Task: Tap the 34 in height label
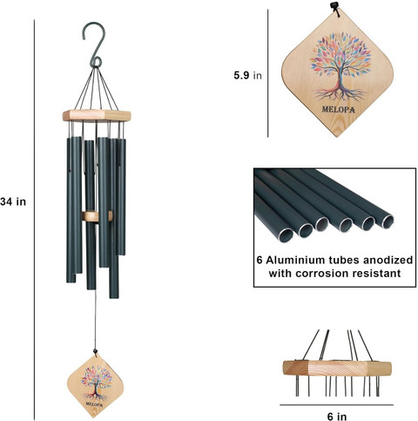13,201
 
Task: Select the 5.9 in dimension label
247,75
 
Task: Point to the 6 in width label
337,417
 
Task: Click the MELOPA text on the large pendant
338,110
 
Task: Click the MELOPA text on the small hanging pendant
94,404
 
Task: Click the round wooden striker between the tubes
97,216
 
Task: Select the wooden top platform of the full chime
97,116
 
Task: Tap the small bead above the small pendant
95,352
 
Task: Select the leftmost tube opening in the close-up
286,234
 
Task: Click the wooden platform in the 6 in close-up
337,368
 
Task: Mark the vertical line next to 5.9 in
267,73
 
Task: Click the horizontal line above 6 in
337,404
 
